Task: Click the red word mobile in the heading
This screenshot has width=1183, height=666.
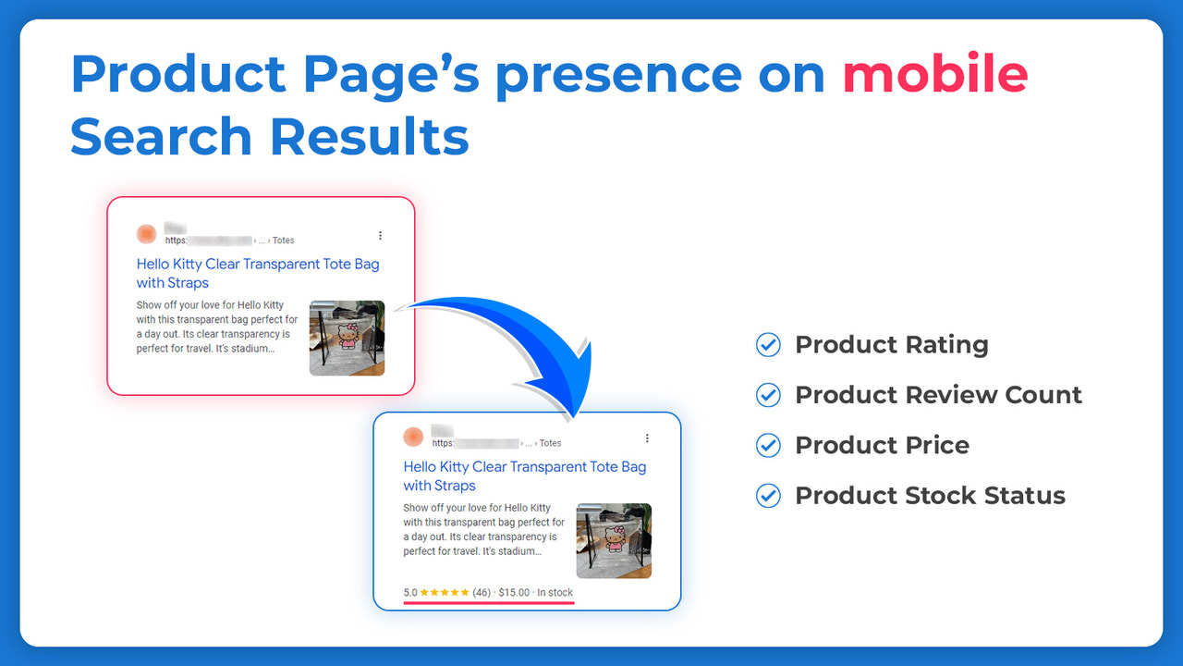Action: click(934, 75)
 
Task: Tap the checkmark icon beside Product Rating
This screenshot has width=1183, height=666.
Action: click(768, 345)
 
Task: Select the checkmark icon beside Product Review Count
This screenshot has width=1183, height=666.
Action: click(768, 395)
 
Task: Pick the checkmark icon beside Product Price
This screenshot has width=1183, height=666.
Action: click(768, 445)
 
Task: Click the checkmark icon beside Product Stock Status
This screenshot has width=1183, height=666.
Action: click(768, 495)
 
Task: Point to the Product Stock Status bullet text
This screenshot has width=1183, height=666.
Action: click(930, 495)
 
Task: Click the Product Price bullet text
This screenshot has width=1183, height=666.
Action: click(882, 445)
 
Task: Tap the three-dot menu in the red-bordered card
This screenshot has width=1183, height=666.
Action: click(380, 236)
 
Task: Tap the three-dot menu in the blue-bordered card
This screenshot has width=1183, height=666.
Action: click(647, 438)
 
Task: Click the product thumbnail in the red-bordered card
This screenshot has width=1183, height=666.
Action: click(347, 338)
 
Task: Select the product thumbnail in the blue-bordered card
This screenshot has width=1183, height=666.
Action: click(614, 540)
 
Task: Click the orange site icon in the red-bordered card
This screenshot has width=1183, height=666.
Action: click(146, 234)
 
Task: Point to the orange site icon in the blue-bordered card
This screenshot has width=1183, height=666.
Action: click(413, 437)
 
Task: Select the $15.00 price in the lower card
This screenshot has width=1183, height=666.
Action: click(514, 593)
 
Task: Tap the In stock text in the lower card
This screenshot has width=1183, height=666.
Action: click(555, 593)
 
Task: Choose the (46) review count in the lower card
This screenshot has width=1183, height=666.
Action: click(482, 593)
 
